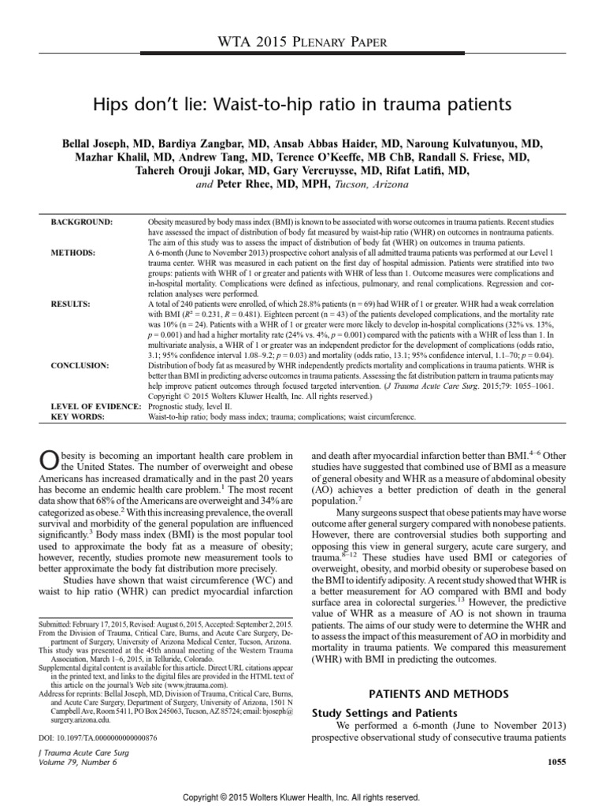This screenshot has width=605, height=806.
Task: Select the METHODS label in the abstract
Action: pyautogui.click(x=74, y=253)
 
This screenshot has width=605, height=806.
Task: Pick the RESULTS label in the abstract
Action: pyautogui.click(x=72, y=301)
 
